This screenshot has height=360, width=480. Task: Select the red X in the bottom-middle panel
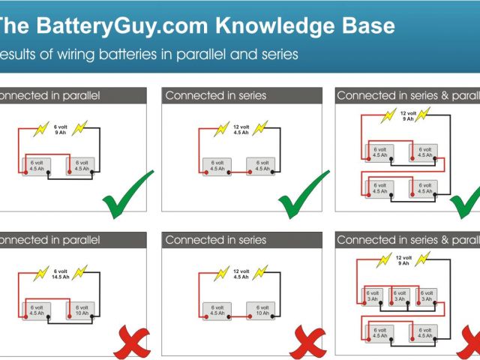(307, 343)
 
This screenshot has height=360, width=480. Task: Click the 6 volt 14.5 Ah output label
(61, 274)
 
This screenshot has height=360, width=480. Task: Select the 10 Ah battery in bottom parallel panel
(80, 310)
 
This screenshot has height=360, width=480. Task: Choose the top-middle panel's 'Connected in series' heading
(216, 96)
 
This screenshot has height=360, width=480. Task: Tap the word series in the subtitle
(279, 54)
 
